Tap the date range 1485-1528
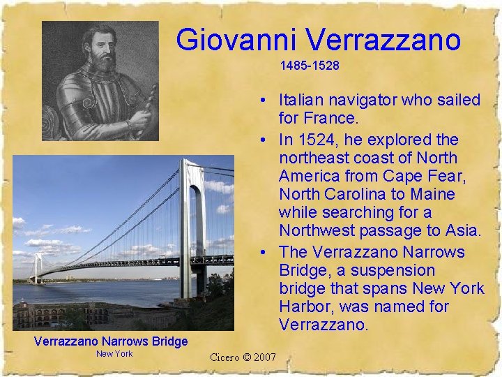(x=310, y=66)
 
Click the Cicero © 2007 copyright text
(x=243, y=358)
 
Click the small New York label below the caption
(x=114, y=354)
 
